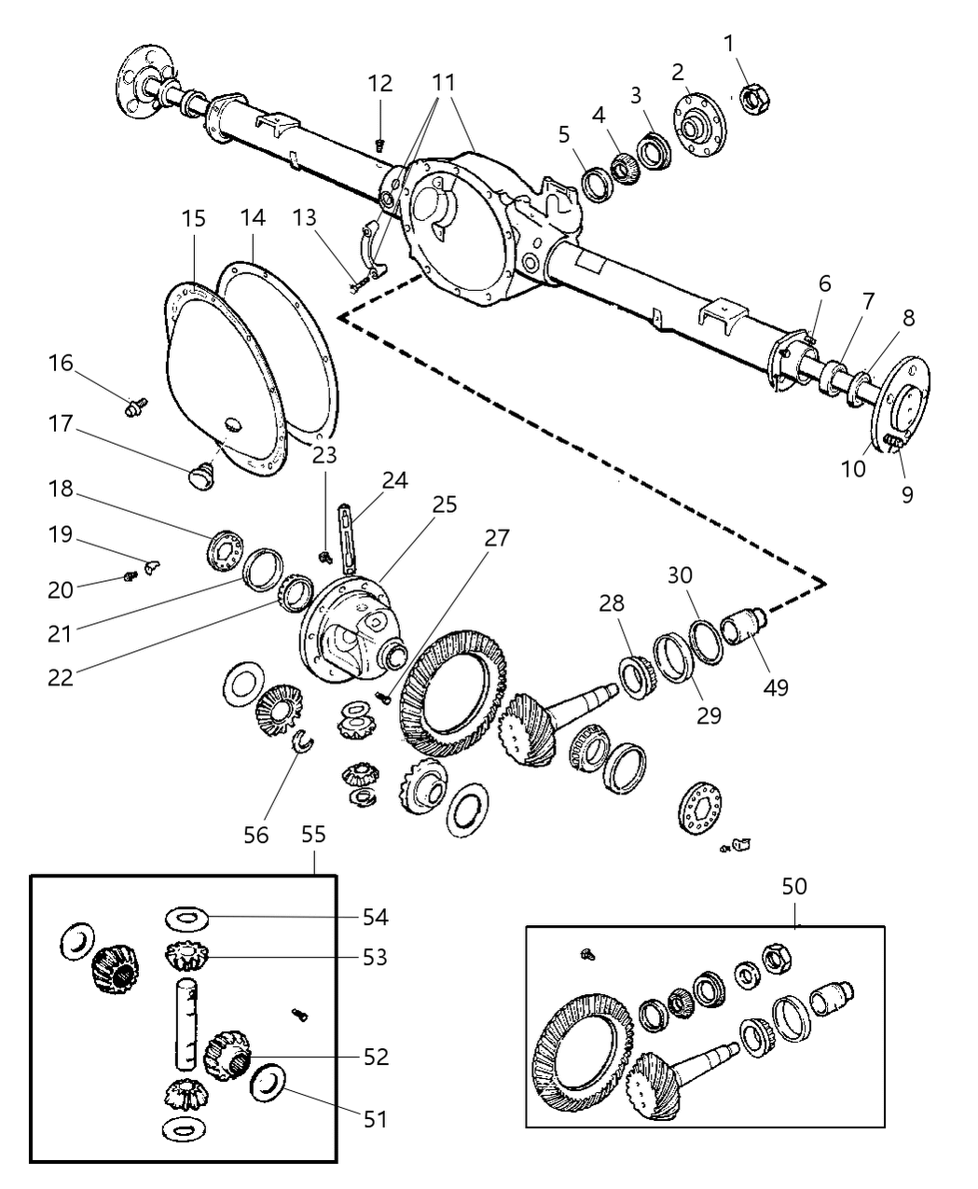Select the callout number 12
pos(379,84)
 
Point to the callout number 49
pos(775,687)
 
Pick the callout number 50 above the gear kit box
pos(794,886)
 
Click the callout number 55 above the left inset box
pos(313,834)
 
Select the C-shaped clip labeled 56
pos(304,741)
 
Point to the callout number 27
pos(497,538)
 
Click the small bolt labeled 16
pos(136,405)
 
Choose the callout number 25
pos(445,505)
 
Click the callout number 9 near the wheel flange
pos(906,493)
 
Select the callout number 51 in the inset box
pos(375,1118)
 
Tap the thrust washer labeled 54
pos(187,919)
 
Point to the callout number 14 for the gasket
pos(253,218)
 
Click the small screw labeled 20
pos(130,577)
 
